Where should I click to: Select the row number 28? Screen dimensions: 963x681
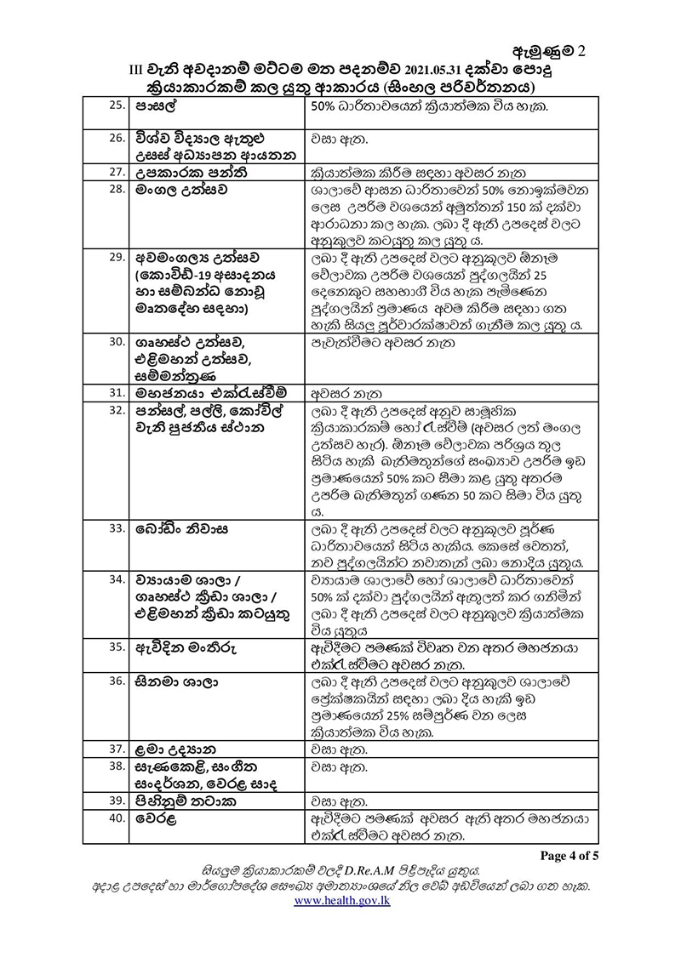[116, 191]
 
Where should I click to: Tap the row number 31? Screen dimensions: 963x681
[116, 394]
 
